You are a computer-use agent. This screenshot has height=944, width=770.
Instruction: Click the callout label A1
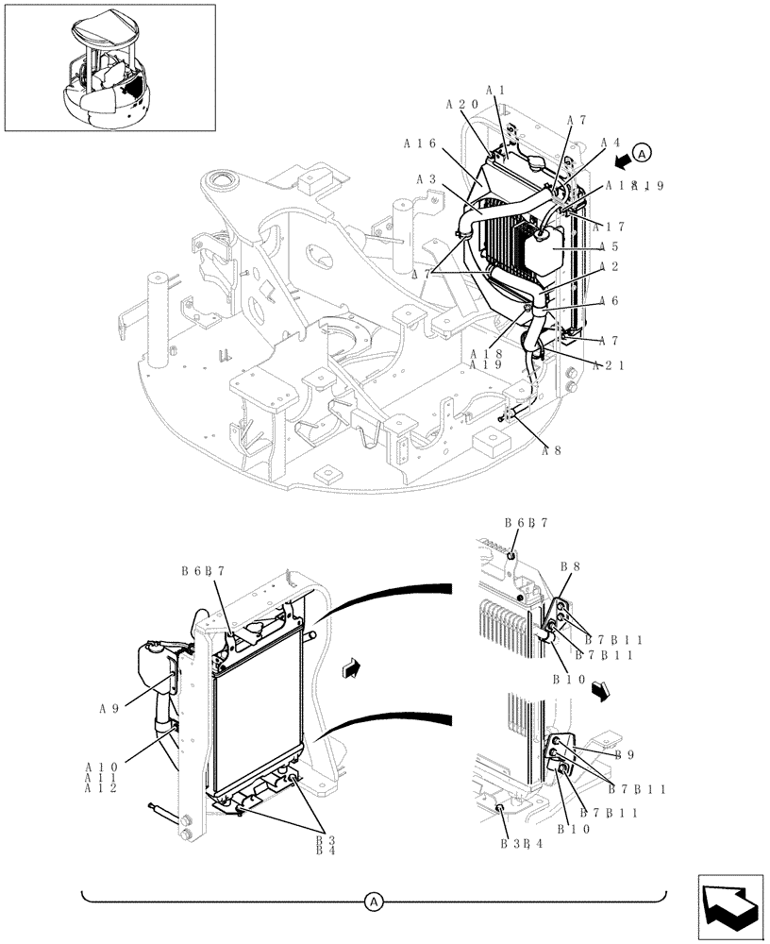coord(497,91)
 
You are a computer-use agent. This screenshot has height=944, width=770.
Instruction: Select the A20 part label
coord(462,105)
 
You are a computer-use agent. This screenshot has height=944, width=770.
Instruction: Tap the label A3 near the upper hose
coord(425,179)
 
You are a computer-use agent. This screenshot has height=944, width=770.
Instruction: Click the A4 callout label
coord(611,143)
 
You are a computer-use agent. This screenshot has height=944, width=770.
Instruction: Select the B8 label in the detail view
coord(570,567)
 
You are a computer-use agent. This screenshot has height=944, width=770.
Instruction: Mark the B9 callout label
coord(623,755)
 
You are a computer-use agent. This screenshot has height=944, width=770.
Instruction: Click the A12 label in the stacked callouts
coord(100,787)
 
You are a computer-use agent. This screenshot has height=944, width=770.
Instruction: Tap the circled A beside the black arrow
coord(642,152)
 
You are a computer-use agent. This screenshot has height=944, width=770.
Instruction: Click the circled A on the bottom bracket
coord(375,902)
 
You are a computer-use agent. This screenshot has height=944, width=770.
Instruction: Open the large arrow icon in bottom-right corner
coord(729,906)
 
